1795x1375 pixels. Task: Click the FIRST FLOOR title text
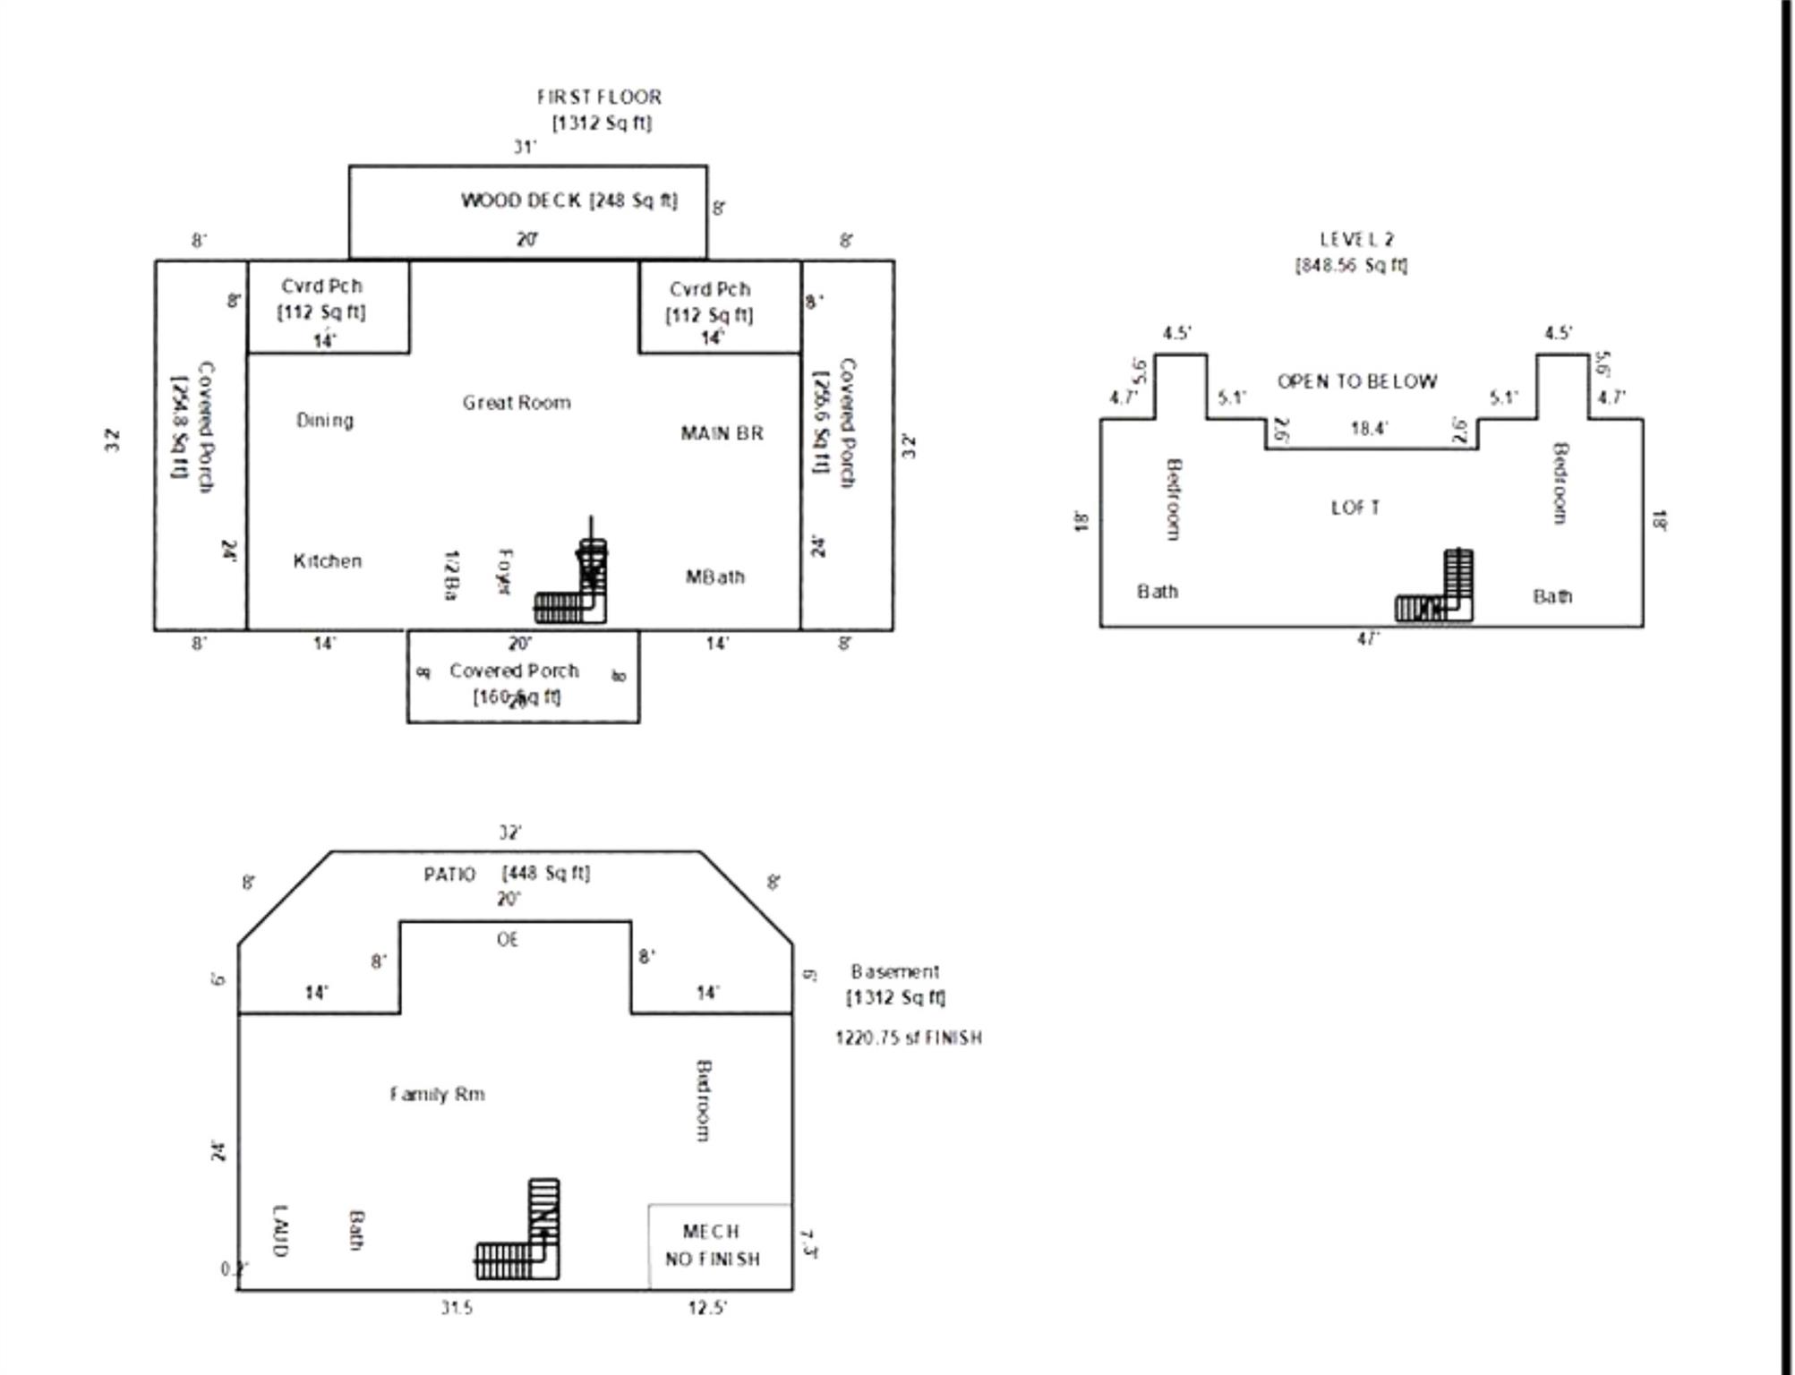[x=599, y=97]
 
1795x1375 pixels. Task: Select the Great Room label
[x=517, y=403]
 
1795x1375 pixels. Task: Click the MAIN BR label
[x=722, y=433]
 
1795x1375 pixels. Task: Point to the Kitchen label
[x=328, y=561]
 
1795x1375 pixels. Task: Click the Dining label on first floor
[x=325, y=420]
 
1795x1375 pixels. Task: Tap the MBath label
[x=714, y=577]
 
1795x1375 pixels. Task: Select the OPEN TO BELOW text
[x=1356, y=381]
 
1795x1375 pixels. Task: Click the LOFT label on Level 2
[x=1355, y=508]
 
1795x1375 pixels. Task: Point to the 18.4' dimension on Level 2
[x=1369, y=429]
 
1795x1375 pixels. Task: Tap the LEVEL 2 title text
[x=1356, y=239]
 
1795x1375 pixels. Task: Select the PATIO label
[x=449, y=874]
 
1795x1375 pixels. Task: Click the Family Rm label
[x=437, y=1094]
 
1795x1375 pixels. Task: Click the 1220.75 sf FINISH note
[x=908, y=1038]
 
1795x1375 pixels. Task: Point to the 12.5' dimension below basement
[x=707, y=1308]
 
